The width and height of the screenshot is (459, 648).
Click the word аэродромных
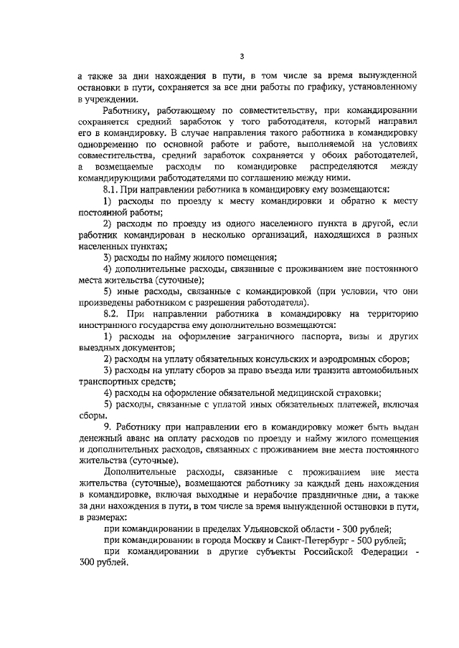343,358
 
